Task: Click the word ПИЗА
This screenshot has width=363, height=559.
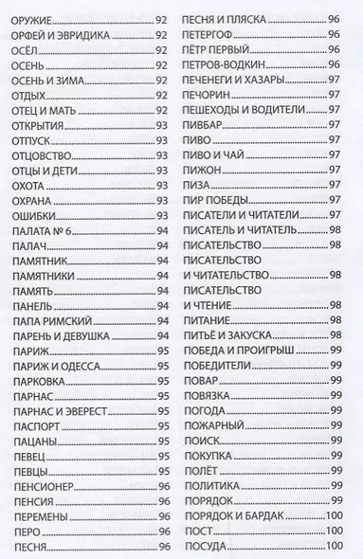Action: click(x=199, y=186)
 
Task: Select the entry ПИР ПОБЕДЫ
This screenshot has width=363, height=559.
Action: click(x=221, y=203)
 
